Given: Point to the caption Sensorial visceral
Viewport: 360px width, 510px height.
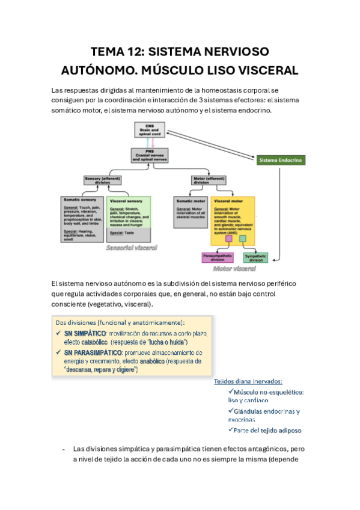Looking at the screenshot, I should click(131, 248).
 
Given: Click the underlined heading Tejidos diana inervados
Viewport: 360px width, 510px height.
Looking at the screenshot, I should click(248, 381).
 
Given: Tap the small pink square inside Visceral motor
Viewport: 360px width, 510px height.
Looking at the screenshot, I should click(229, 239).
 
